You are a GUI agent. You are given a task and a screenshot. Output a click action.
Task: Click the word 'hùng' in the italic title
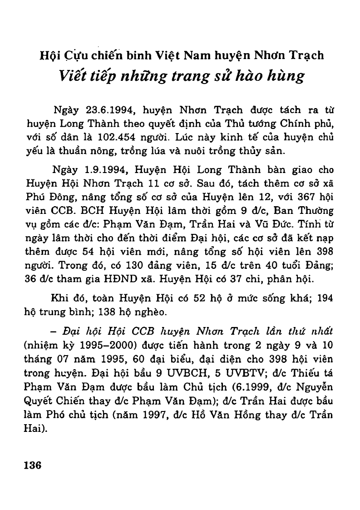pyautogui.click(x=285, y=76)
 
